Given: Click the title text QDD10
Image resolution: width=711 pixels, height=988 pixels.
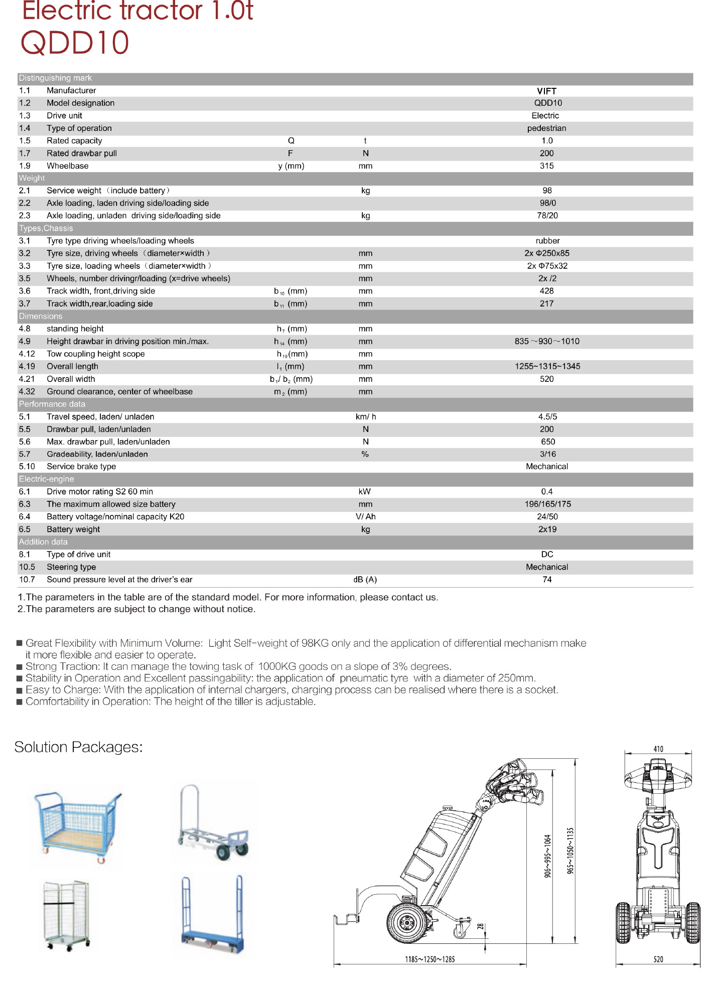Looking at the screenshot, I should pos(75,43).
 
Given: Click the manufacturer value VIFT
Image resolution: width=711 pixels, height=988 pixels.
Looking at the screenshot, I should pos(546,91).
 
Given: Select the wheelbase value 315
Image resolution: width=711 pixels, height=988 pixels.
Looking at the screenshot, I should pos(546,166).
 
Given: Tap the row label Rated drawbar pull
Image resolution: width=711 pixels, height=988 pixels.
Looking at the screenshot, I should pos(82,154).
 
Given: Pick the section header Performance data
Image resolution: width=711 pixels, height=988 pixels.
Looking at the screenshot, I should pos(52,404).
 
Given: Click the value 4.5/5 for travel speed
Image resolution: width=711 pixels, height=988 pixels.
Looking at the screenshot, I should pos(547,417).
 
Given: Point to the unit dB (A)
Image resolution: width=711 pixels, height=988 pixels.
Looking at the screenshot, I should pos(365,580).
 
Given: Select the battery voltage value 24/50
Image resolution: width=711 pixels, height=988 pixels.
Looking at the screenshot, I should pos(547,517).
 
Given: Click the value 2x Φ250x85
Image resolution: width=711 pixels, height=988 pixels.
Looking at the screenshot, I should pos(547,253).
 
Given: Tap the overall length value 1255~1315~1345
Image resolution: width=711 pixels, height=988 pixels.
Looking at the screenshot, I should pos(547,367).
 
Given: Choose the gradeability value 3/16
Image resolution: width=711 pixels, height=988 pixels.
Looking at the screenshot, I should pos(547,454).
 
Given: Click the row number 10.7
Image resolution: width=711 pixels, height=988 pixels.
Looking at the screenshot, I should pos(27,580).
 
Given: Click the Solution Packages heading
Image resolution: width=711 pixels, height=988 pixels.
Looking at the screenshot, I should pos(79,747).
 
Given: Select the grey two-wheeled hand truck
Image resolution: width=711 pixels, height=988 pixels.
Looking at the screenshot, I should pos(213,823).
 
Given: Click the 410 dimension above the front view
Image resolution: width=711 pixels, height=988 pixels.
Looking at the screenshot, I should pos(658,749).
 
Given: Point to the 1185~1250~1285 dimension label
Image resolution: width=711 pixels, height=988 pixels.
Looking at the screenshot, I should pos(430,959).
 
